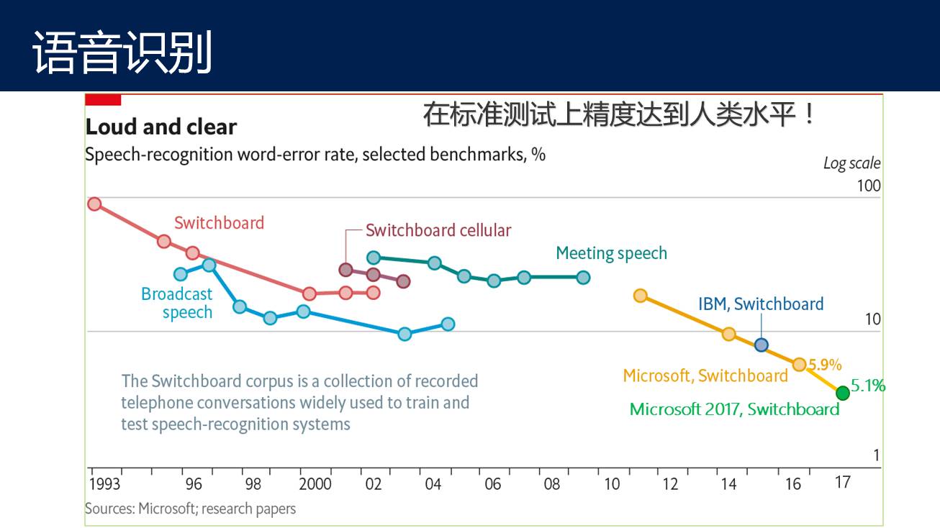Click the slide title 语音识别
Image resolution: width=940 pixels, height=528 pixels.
click(x=122, y=52)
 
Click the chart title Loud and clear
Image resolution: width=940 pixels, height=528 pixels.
click(x=161, y=127)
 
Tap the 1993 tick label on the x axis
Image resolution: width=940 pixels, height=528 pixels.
click(x=105, y=483)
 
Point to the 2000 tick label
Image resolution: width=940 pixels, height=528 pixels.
click(x=315, y=483)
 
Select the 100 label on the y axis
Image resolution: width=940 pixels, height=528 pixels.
click(x=868, y=186)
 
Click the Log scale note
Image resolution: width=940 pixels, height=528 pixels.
click(x=851, y=163)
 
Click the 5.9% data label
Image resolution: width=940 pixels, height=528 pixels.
click(x=825, y=365)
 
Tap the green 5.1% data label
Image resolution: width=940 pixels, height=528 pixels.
click(x=868, y=386)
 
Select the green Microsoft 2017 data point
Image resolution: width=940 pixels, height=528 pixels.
click(x=843, y=393)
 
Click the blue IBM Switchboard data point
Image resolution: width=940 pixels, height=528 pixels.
click(x=762, y=345)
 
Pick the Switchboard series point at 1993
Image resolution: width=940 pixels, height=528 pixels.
click(x=94, y=204)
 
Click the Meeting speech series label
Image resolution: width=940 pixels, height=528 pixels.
click(x=611, y=253)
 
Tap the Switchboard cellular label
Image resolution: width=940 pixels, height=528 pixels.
click(x=438, y=230)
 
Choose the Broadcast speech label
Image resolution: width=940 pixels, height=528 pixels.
click(x=177, y=303)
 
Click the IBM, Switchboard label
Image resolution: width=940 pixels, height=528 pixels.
click(x=761, y=304)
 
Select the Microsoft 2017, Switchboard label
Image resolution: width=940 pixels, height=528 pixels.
click(x=734, y=409)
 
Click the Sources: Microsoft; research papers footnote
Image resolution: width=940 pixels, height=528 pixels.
click(x=190, y=509)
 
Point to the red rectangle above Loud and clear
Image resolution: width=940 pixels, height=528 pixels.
click(x=103, y=100)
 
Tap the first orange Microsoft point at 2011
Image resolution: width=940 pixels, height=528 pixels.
click(x=641, y=296)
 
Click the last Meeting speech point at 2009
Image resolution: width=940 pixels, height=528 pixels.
click(x=583, y=277)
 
